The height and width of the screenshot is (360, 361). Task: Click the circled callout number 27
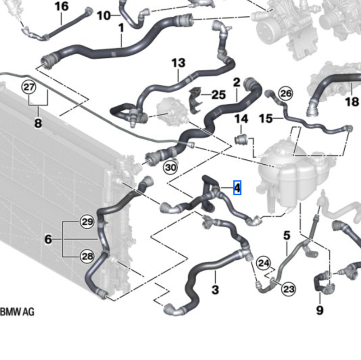(x=29, y=87)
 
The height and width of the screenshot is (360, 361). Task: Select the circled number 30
(x=171, y=167)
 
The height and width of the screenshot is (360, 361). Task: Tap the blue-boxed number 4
(x=237, y=188)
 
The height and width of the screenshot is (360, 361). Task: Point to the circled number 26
(x=286, y=93)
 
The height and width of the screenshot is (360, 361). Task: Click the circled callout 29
(x=87, y=222)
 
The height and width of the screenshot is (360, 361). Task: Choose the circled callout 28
(x=87, y=256)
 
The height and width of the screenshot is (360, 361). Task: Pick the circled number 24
(x=264, y=263)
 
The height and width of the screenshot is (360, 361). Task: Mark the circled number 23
(x=289, y=289)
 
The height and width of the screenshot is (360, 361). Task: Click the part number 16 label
(x=62, y=6)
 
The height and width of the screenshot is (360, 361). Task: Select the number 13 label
(x=178, y=63)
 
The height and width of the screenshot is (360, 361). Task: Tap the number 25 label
(x=218, y=95)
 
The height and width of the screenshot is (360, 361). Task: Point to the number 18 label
(x=352, y=102)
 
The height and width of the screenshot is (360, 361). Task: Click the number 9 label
(x=320, y=310)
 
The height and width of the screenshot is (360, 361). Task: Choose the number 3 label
(x=215, y=289)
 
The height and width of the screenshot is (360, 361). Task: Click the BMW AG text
(x=17, y=312)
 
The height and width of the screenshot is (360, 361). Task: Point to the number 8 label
(x=38, y=123)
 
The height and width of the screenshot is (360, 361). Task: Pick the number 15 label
(x=266, y=119)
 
